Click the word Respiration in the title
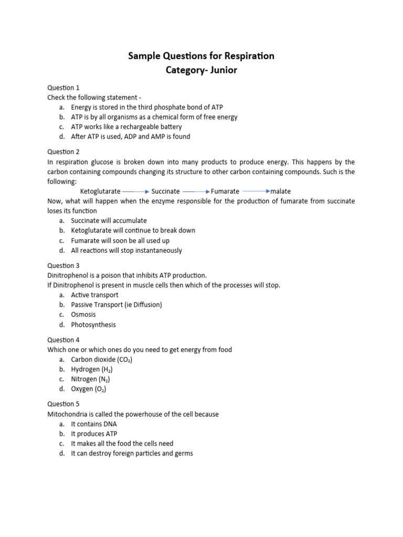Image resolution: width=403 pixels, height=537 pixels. pyautogui.click(x=246, y=56)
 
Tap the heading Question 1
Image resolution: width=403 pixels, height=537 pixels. pyautogui.click(x=63, y=88)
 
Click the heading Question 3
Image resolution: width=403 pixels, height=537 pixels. pyautogui.click(x=63, y=266)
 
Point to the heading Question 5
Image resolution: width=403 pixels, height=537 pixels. pyautogui.click(x=63, y=404)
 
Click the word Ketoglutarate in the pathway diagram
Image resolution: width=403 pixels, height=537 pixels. pyautogui.click(x=100, y=191)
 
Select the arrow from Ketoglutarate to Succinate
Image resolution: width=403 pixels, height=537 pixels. pyautogui.click(x=135, y=192)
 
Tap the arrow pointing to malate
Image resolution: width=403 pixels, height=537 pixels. pyautogui.click(x=256, y=192)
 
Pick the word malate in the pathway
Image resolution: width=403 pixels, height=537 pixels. pyautogui.click(x=280, y=191)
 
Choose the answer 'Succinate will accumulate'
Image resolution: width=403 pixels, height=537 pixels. pyautogui.click(x=109, y=221)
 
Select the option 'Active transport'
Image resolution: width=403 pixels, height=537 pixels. pyautogui.click(x=94, y=295)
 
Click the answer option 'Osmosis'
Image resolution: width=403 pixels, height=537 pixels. pyautogui.click(x=83, y=315)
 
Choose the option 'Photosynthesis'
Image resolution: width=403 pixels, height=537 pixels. pyautogui.click(x=93, y=325)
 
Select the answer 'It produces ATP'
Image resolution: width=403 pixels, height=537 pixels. pyautogui.click(x=94, y=434)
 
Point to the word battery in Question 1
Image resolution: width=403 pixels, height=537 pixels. pyautogui.click(x=168, y=127)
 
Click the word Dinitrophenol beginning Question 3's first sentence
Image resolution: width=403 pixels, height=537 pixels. pyautogui.click(x=67, y=275)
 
